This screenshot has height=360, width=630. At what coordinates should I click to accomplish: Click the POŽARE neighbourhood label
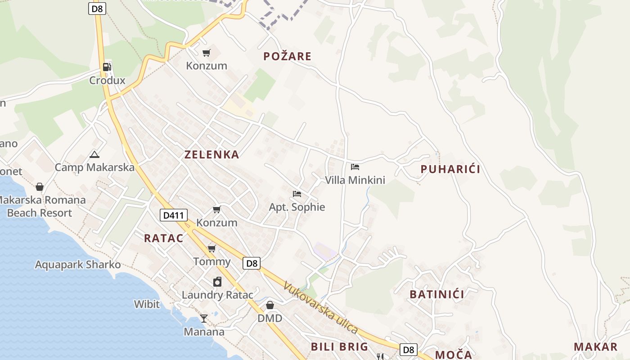tap(287, 56)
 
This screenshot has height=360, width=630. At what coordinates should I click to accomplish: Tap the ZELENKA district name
tap(211, 154)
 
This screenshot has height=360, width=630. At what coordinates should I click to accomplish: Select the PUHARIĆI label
tap(450, 169)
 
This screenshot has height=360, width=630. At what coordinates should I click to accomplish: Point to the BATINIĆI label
tap(436, 294)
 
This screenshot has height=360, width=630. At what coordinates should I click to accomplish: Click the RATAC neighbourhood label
tap(163, 238)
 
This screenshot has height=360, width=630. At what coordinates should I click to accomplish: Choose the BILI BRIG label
tap(339, 346)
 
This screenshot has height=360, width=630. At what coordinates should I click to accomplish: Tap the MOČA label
tap(454, 354)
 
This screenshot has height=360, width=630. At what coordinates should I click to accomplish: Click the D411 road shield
tap(173, 215)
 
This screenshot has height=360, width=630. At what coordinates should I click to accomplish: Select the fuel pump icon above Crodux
tap(107, 67)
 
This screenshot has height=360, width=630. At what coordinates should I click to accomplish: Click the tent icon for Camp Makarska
tap(94, 155)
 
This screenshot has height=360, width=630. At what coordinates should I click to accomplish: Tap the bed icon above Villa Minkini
tap(355, 167)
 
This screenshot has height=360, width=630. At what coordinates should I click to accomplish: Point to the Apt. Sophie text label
tap(297, 207)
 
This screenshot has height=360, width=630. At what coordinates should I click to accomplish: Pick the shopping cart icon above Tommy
tap(211, 248)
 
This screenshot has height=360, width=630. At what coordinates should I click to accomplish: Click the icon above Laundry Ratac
tap(217, 282)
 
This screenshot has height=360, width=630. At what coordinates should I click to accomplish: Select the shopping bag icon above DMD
tap(270, 305)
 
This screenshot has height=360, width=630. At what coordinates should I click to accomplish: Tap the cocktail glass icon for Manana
tap(204, 319)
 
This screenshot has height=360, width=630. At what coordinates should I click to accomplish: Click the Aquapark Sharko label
tap(78, 265)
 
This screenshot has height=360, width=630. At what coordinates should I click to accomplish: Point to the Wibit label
tap(147, 304)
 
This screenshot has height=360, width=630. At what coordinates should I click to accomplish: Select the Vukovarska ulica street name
tap(320, 308)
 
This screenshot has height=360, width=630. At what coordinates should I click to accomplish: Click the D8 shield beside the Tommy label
tap(251, 263)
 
